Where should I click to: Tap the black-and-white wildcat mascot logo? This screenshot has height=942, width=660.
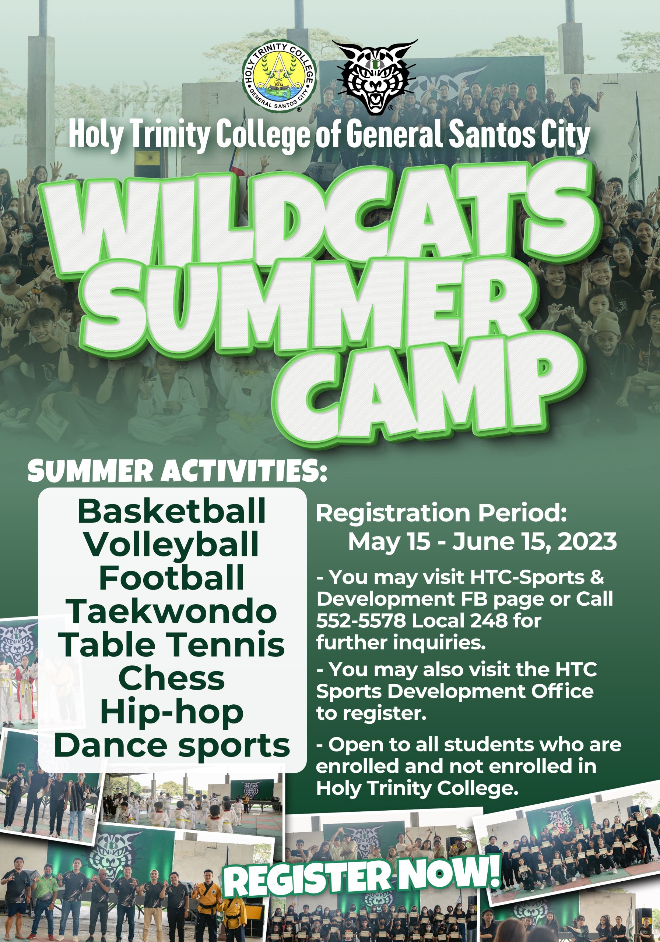(x=375, y=77)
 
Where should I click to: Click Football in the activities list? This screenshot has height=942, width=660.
(x=172, y=577)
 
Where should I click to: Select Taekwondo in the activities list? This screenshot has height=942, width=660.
(x=172, y=611)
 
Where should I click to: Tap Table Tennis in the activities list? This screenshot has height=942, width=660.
(x=172, y=645)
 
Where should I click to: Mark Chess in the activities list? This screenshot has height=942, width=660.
(x=172, y=678)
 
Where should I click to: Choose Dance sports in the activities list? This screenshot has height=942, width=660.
(x=172, y=746)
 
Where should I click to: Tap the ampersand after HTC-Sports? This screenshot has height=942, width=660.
(x=598, y=577)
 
